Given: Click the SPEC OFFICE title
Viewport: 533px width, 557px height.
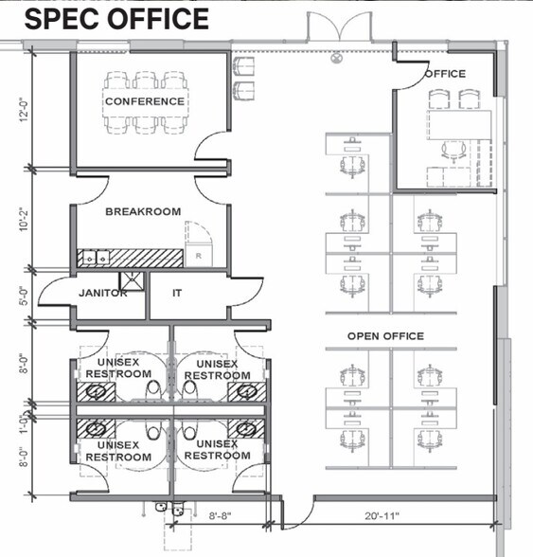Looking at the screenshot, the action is pos(116,19).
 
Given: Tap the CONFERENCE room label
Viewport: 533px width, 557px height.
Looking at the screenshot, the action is pos(145,101).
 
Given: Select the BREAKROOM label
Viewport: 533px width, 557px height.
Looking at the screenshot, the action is pos(143,212).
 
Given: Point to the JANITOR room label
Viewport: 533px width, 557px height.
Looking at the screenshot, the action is pos(102,293).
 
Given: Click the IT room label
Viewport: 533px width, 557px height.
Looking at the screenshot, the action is pos(177,293).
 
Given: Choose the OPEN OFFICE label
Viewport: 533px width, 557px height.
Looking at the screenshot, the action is pos(385,336).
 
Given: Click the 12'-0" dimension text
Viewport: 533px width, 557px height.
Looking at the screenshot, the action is pos(24,110).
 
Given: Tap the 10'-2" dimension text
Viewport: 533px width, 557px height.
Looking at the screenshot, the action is pos(24,219).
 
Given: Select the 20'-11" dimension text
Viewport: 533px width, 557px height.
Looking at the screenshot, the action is pos(382,515).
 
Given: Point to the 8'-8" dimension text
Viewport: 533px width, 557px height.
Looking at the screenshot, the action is pos(221,515).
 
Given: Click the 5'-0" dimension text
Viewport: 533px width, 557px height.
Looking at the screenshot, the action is pos(24,296).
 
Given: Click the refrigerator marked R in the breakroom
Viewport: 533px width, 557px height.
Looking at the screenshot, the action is pos(199,255).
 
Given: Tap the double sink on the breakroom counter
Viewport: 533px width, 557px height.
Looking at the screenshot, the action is pos(96,258).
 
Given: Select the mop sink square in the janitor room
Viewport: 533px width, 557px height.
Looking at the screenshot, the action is pos(132,281).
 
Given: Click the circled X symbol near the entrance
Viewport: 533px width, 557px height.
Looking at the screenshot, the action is pos(336,58).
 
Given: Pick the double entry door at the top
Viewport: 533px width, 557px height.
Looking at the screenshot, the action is pos(340,27).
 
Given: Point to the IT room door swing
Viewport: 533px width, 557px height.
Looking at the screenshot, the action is pos(246,292).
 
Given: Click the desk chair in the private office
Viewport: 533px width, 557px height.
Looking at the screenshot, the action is pos(453,152).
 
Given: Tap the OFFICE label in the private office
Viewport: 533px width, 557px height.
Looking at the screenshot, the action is pos(445,74).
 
